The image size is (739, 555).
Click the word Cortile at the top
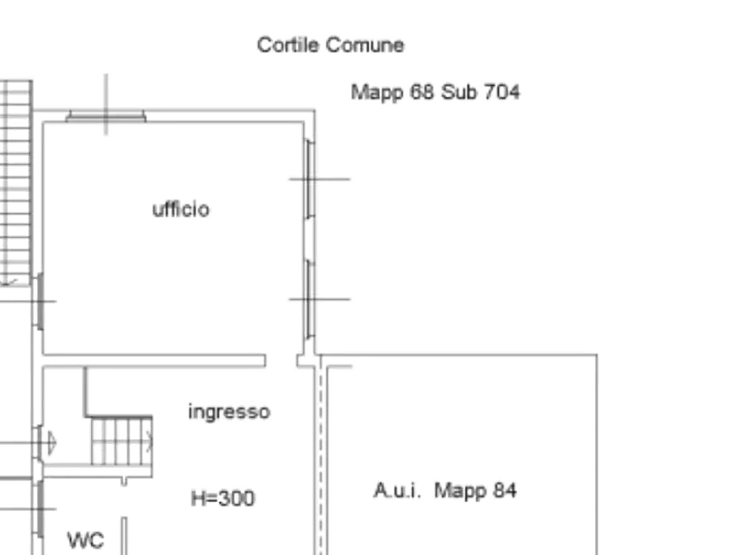coord(287,46)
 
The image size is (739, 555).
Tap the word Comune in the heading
coord(365,46)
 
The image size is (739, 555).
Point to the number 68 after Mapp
coord(422,92)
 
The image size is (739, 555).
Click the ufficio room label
coord(181,209)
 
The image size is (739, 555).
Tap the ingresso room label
coord(229,412)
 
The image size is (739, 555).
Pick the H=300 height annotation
coord(223,499)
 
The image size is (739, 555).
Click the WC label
coord(85,540)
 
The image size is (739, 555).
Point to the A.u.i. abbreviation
coord(397,490)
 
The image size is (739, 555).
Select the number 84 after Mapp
coord(505,490)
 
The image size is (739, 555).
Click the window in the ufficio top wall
coord(106,116)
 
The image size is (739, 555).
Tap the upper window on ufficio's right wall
coord(310,179)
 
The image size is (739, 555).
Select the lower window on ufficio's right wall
coord(310,299)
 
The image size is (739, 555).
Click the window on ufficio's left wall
coord(40,301)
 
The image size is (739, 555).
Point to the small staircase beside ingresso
coord(122,442)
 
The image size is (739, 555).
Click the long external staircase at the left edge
coord(16,182)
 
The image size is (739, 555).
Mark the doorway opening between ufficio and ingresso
coord(281,360)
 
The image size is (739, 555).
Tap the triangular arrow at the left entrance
coord(52,442)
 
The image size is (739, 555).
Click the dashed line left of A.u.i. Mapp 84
coord(321,456)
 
